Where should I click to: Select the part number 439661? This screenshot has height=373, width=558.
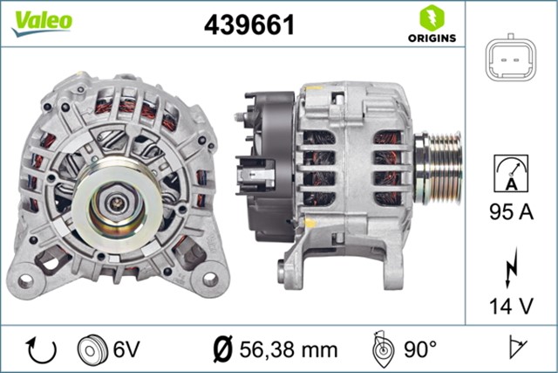click(248, 25)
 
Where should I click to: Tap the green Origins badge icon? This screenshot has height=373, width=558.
click(432, 17)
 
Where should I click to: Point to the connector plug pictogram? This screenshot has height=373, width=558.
click(510, 60)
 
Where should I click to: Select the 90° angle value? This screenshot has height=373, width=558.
click(420, 349)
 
